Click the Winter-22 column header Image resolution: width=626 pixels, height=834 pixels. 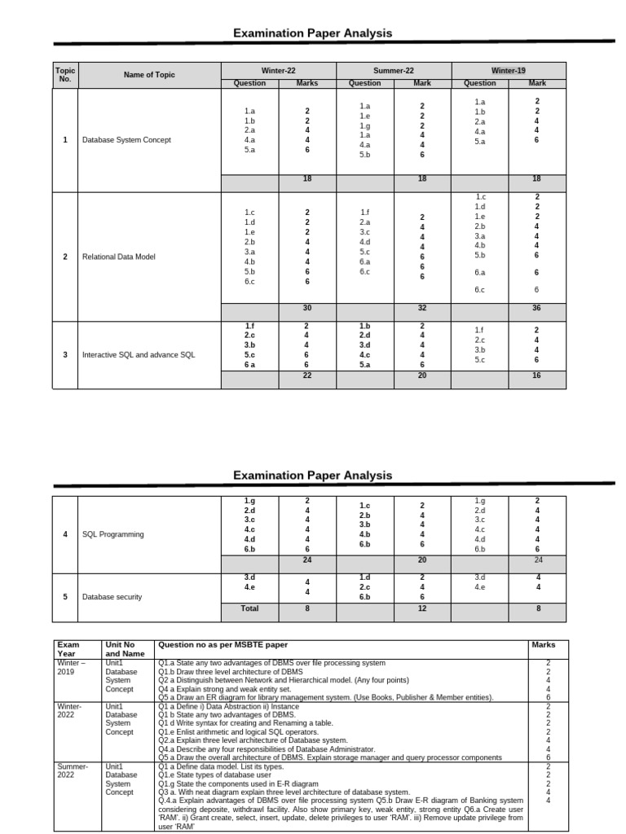click(279, 71)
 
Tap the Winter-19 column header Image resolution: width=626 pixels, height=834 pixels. click(508, 71)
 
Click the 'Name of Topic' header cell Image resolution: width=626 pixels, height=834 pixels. click(149, 76)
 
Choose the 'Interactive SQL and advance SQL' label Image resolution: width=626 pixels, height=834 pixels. click(139, 354)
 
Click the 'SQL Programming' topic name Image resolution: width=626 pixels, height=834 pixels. click(113, 534)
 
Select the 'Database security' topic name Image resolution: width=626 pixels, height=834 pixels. click(112, 597)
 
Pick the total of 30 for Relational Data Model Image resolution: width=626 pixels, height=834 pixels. click(307, 308)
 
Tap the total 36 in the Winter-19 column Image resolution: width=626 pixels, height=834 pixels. click(536, 308)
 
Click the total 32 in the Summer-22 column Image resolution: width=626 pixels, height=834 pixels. click(422, 308)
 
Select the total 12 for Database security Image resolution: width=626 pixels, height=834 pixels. click(422, 608)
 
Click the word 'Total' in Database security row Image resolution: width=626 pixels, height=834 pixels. click(249, 608)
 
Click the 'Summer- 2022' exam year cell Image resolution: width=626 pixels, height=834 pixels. click(70, 770)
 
